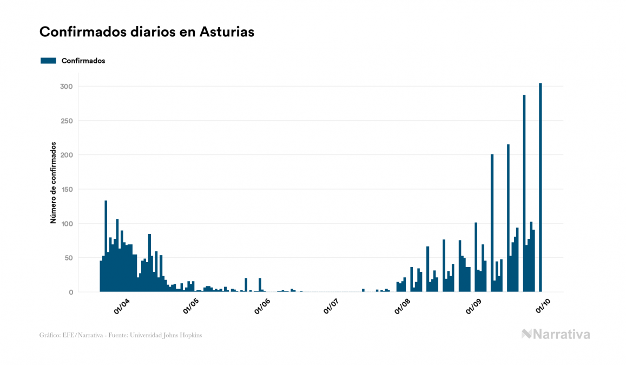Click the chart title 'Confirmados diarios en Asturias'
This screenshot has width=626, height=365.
tap(147, 32)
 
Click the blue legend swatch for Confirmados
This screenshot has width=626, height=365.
tap(48, 61)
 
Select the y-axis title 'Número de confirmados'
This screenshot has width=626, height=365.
tap(54, 183)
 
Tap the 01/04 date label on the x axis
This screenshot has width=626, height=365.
tap(121, 306)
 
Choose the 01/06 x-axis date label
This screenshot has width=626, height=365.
tap(262, 306)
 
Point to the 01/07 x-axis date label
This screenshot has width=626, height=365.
tap(332, 306)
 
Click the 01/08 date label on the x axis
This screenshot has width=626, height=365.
tap(402, 306)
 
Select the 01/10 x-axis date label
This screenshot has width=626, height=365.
tap(542, 306)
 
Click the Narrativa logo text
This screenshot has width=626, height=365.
tap(562, 335)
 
